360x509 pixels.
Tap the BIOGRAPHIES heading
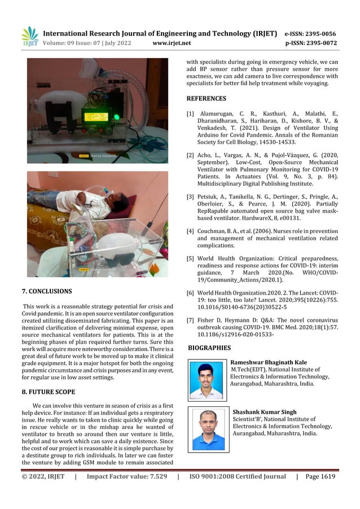[x=209, y=348]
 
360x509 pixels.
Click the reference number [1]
[x=191, y=113]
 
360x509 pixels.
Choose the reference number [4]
[x=191, y=231]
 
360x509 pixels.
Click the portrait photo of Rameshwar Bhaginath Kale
[x=206, y=380]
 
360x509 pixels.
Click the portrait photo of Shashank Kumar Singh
[x=208, y=430]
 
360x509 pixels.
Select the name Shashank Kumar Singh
[x=264, y=413]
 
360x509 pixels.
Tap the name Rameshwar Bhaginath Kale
[x=269, y=362]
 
